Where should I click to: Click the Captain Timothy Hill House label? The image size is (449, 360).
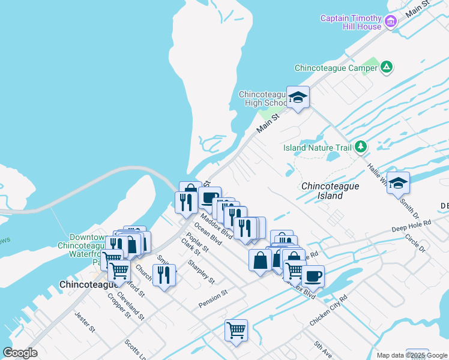pyautogui.click(x=351, y=22)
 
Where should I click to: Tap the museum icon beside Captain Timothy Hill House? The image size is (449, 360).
pyautogui.click(x=391, y=22)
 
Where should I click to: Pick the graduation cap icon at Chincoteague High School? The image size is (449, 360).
pyautogui.click(x=297, y=97)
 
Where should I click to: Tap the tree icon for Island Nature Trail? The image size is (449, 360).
pyautogui.click(x=360, y=146)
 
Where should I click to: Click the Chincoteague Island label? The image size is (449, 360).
pyautogui.click(x=330, y=191)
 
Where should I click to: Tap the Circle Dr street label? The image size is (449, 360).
pyautogui.click(x=415, y=242)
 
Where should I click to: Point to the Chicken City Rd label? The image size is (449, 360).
pyautogui.click(x=328, y=311)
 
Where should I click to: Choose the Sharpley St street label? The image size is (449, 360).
pyautogui.click(x=200, y=271)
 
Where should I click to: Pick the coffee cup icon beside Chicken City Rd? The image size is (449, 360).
pyautogui.click(x=312, y=277)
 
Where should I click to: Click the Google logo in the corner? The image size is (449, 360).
pyautogui.click(x=20, y=353)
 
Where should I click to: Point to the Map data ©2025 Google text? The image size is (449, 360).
pyautogui.click(x=412, y=355)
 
